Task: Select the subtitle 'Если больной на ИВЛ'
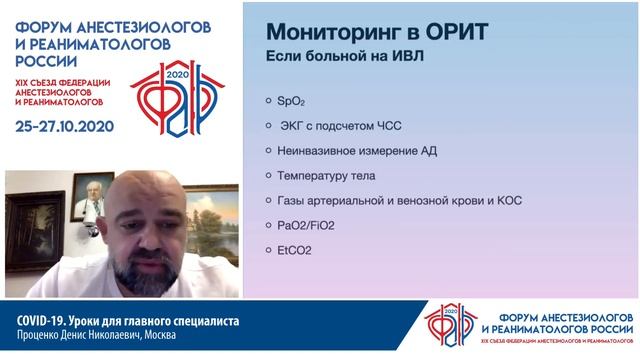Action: pos(343,56)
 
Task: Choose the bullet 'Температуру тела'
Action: pos(325,175)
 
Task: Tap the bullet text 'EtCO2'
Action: pos(294,250)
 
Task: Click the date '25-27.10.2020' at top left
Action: pos(66,126)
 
